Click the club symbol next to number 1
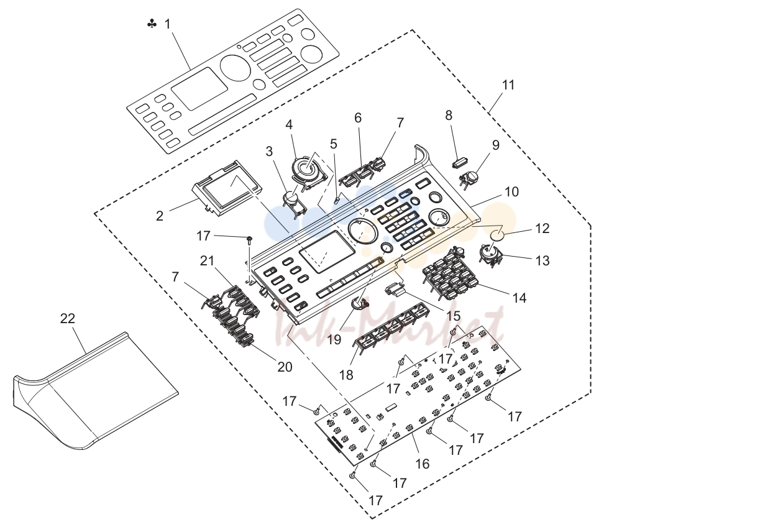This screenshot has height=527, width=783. (x=152, y=24)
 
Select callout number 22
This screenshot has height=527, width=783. (x=68, y=318)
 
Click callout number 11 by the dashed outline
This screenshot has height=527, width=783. (x=508, y=85)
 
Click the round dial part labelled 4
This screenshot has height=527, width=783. (x=308, y=170)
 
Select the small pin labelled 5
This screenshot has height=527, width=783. (x=337, y=201)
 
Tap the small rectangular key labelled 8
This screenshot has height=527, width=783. (x=461, y=163)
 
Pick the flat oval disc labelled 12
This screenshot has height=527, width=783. (x=497, y=236)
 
